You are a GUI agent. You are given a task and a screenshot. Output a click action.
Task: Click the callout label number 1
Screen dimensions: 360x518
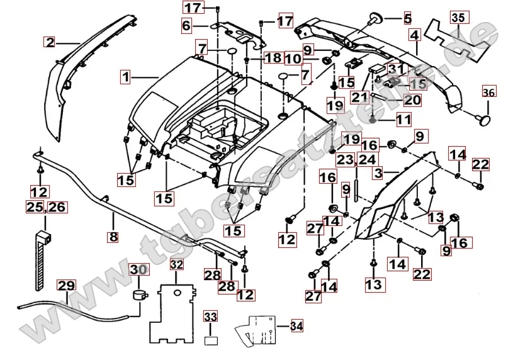click(x=127, y=77)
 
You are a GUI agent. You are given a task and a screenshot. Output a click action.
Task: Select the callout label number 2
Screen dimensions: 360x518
click(x=50, y=43)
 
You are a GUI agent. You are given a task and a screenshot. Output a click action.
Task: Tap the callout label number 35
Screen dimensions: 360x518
click(x=459, y=18)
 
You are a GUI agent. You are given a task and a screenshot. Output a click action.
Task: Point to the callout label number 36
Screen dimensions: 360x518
click(x=489, y=93)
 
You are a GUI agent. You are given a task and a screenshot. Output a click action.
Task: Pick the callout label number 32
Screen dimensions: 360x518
click(x=177, y=264)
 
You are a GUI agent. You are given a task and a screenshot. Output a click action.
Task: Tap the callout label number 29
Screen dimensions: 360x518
click(x=66, y=285)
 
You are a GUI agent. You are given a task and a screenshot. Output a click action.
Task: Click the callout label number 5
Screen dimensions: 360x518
click(x=407, y=17)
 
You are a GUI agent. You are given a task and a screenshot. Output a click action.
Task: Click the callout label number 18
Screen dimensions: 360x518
click(x=273, y=58)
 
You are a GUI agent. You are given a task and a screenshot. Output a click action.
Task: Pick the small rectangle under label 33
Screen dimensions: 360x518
click(x=210, y=340)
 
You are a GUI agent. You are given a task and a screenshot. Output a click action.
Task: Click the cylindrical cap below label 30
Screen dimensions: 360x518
click(x=138, y=295)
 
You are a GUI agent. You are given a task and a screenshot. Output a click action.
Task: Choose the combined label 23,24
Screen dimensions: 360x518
click(x=356, y=159)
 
